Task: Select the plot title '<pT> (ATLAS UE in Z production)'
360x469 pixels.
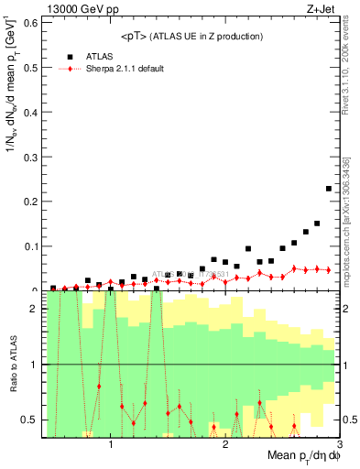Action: click(191, 36)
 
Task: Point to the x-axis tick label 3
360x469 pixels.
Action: click(338, 444)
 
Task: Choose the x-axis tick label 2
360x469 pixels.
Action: click(225, 444)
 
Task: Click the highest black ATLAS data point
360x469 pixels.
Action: click(328, 189)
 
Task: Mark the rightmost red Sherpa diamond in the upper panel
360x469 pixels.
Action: click(328, 269)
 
